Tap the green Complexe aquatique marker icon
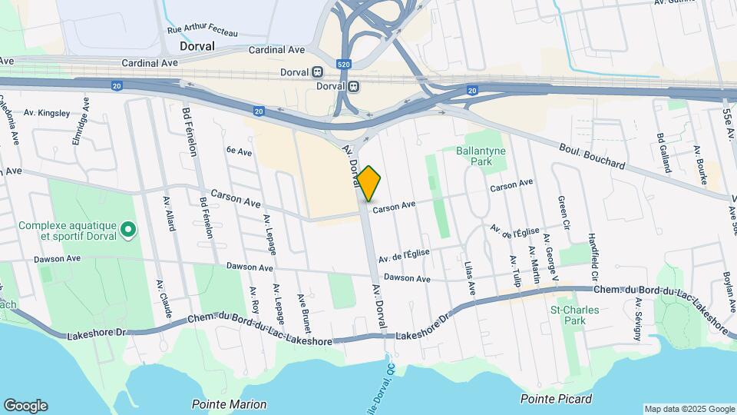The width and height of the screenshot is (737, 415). click(129, 229)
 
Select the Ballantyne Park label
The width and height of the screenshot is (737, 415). click(481, 157)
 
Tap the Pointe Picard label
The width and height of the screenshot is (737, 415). click(556, 399)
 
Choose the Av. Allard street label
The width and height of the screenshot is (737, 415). click(169, 213)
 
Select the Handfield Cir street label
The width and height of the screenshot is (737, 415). click(592, 255)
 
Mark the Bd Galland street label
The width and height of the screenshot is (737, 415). click(660, 148)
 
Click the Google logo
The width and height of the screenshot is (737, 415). click(25, 406)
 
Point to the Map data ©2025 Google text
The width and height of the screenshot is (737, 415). click(689, 409)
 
